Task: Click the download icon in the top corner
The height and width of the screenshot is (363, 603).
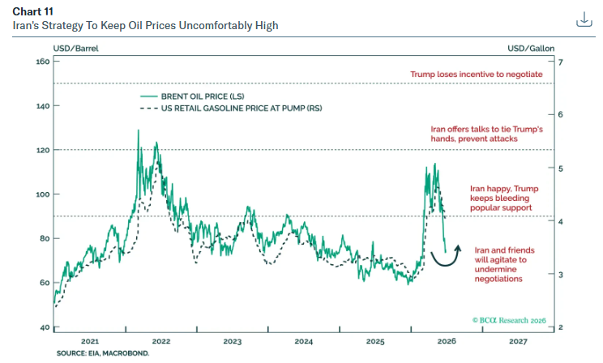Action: (584, 19)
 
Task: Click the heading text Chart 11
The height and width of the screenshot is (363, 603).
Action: (32, 11)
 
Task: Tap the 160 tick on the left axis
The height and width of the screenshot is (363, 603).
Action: (43, 62)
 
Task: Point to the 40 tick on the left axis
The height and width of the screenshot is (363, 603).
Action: (45, 327)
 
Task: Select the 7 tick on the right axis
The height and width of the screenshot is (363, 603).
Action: (560, 62)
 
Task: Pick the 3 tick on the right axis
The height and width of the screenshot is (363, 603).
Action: (560, 275)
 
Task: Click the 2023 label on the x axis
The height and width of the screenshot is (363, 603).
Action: (233, 341)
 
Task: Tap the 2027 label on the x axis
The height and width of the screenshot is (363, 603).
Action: (518, 341)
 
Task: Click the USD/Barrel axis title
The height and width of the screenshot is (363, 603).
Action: (75, 49)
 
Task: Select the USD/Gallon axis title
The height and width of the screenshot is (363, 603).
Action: (531, 49)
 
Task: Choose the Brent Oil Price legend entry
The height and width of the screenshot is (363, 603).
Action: (192, 96)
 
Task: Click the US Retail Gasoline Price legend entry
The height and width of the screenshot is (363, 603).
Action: (231, 109)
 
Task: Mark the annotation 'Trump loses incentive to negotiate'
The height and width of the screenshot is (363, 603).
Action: (477, 75)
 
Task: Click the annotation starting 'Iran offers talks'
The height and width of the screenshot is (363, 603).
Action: (487, 134)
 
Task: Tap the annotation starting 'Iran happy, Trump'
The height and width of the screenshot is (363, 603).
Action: (504, 198)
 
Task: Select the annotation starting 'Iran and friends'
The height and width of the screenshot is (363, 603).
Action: (505, 265)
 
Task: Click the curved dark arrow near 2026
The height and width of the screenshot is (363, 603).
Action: (445, 265)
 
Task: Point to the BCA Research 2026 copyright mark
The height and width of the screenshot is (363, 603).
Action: (509, 320)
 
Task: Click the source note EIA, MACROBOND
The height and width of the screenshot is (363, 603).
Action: (103, 353)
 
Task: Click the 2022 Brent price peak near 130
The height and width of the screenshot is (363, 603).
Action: (139, 130)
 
